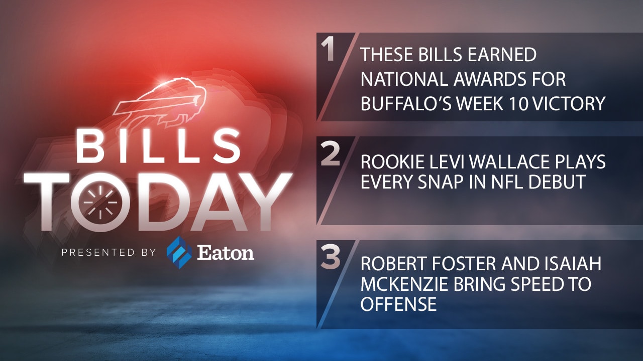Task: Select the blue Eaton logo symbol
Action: tap(179, 252)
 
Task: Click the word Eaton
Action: tap(225, 253)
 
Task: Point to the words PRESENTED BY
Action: tap(109, 253)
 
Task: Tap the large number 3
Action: tap(330, 259)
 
